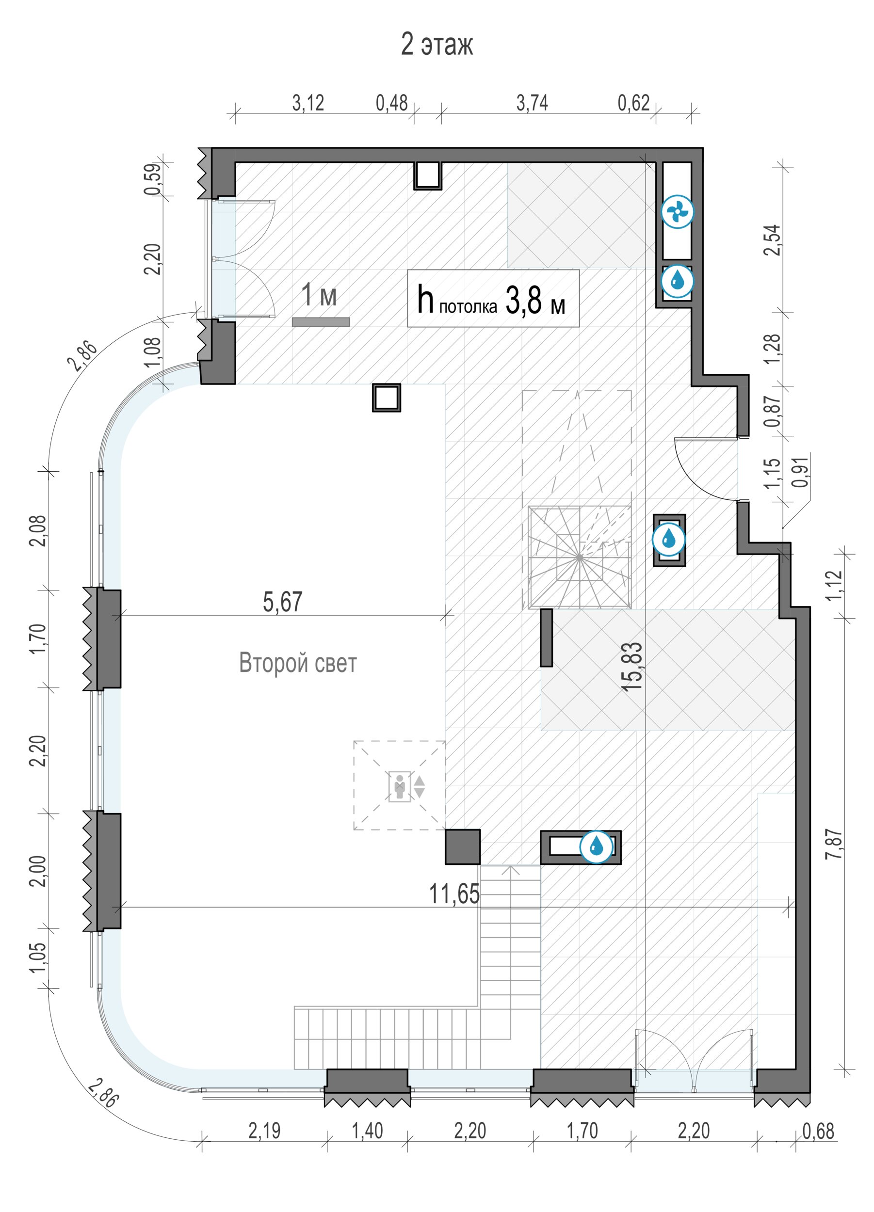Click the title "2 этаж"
tap(437, 44)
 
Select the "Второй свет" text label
tap(297, 663)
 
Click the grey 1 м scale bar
tap(321, 322)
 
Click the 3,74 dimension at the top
tap(532, 103)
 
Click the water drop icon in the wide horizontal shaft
tap(596, 846)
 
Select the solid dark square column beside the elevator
tap(462, 846)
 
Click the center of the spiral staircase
tap(580, 557)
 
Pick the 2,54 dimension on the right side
tap(773, 240)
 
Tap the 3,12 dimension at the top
tap(308, 103)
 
